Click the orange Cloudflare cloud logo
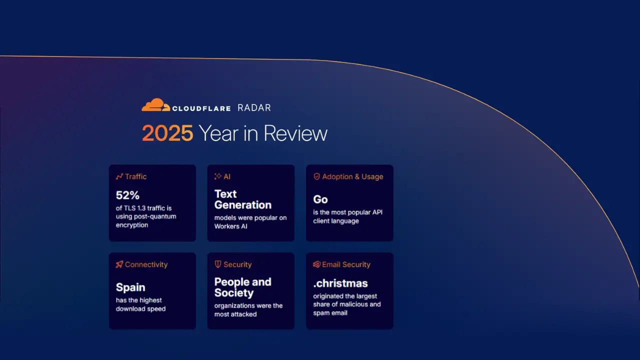pyautogui.click(x=155, y=105)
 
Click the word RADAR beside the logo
pyautogui.click(x=254, y=108)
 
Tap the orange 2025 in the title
pyautogui.click(x=167, y=133)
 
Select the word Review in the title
pyautogui.click(x=295, y=133)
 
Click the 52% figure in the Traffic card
pyautogui.click(x=127, y=195)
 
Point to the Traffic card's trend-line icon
pyautogui.click(x=119, y=176)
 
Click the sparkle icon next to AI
pyautogui.click(x=218, y=176)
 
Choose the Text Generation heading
pyautogui.click(x=242, y=199)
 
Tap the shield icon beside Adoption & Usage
pyautogui.click(x=316, y=176)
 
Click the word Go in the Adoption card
pyautogui.click(x=320, y=199)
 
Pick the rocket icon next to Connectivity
pyautogui.click(x=119, y=264)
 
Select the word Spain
pyautogui.click(x=130, y=287)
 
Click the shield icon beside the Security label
pyautogui.click(x=218, y=264)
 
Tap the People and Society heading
pyautogui.click(x=242, y=287)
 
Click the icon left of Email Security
pyautogui.click(x=316, y=264)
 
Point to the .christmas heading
pyautogui.click(x=340, y=283)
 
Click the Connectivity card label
pyautogui.click(x=146, y=264)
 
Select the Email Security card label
pyautogui.click(x=346, y=264)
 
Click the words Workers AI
pyautogui.click(x=231, y=226)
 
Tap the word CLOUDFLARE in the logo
pyautogui.click(x=201, y=108)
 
